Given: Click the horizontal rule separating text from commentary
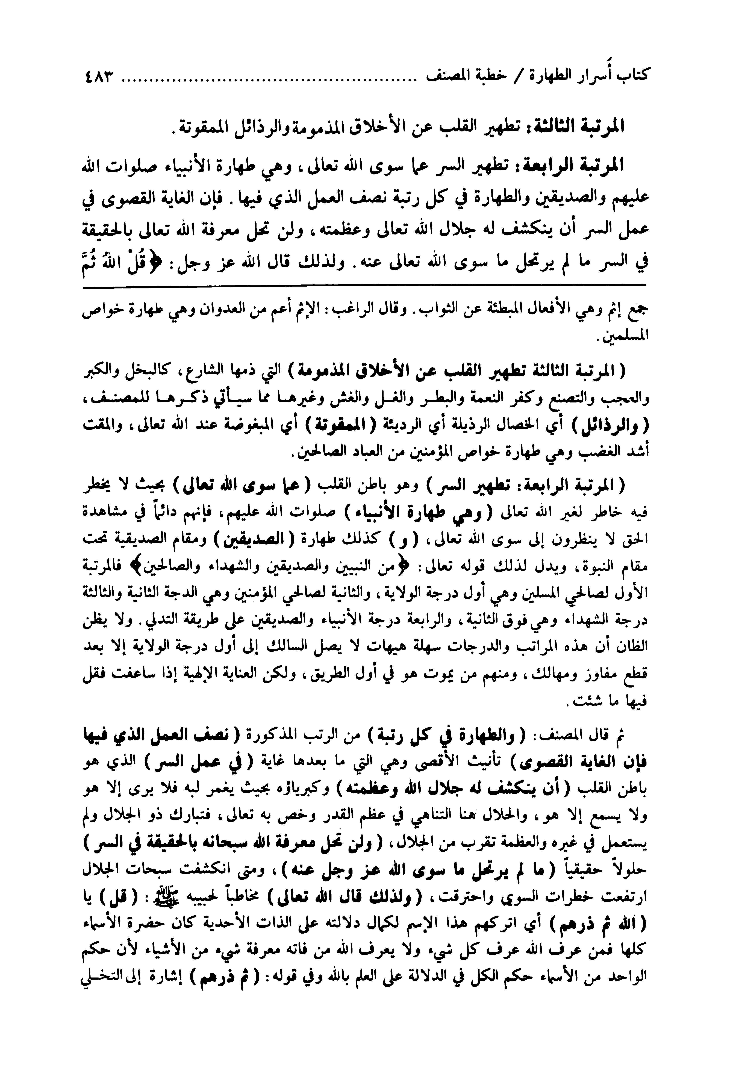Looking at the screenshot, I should coord(365,288).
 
